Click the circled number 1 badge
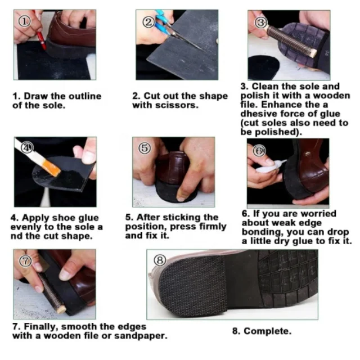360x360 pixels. click(x=24, y=21)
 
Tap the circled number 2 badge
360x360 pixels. click(x=148, y=22)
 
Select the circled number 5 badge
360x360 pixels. click(x=145, y=148)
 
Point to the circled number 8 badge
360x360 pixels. click(x=160, y=260)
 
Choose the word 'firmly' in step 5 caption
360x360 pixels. click(x=213, y=227)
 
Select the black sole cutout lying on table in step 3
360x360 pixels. click(x=263, y=67)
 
